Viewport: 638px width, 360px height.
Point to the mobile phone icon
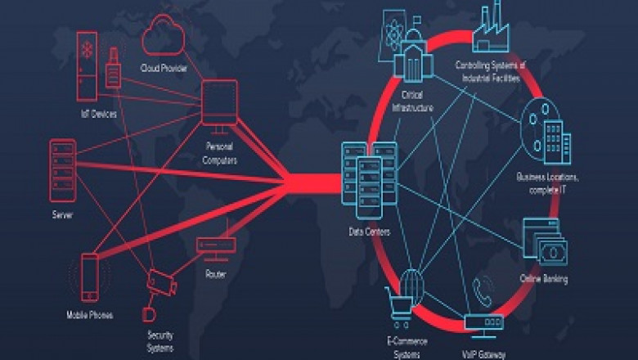pyautogui.click(x=90, y=278)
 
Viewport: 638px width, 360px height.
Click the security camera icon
pyautogui.click(x=161, y=283)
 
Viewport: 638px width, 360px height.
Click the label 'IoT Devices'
pyautogui.click(x=97, y=115)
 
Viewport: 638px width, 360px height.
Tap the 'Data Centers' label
pyautogui.click(x=370, y=232)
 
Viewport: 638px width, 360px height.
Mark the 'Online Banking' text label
pyautogui.click(x=544, y=280)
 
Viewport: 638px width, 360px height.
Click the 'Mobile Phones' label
pyautogui.click(x=89, y=315)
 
